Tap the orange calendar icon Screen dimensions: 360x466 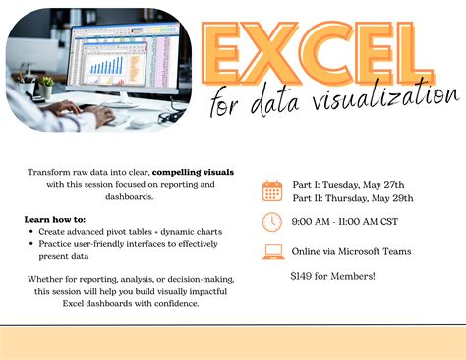tap(272, 190)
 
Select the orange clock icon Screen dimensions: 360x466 tap(272, 222)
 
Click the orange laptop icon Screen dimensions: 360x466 tap(272, 252)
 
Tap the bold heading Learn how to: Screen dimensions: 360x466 tap(55, 219)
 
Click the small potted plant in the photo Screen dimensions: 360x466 tap(45, 87)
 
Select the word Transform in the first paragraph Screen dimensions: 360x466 tap(49, 171)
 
